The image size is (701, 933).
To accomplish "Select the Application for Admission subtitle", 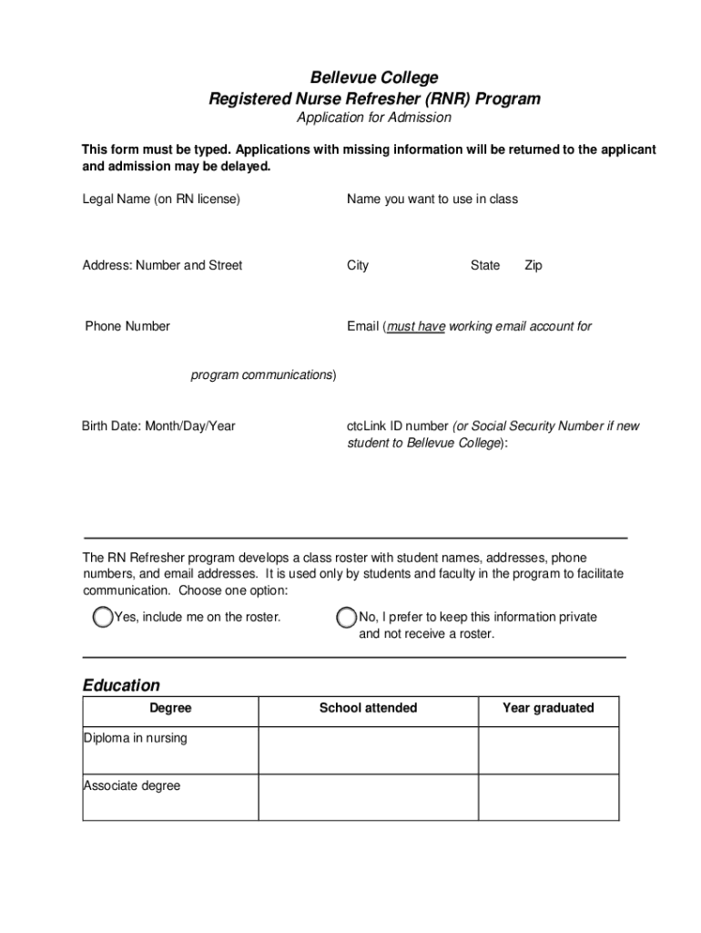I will (x=373, y=118).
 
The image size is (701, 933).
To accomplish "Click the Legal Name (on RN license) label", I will (x=161, y=199).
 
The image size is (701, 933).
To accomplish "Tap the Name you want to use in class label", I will (x=432, y=199).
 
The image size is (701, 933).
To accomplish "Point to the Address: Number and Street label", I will (x=162, y=265).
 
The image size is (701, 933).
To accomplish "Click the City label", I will (x=358, y=265).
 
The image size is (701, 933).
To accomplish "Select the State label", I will (x=484, y=265).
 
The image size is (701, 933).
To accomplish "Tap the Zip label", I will (x=533, y=265).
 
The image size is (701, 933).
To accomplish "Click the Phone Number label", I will (x=127, y=326).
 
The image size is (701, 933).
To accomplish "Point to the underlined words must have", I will (x=416, y=326).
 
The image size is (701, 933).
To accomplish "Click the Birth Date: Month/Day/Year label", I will (x=158, y=425).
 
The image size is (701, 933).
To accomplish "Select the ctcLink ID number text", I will (x=397, y=425).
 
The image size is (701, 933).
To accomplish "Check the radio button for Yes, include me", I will (x=103, y=618).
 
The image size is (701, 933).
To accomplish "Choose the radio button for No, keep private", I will (x=347, y=618).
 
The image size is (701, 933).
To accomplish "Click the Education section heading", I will (x=121, y=685).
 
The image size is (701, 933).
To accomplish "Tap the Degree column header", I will (x=170, y=708).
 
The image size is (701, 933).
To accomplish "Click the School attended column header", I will (x=368, y=708).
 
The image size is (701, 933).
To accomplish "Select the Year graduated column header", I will (x=548, y=708).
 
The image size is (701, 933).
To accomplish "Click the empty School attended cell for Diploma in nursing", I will (x=368, y=750).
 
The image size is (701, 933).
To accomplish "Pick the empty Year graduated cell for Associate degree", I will (x=548, y=797).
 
